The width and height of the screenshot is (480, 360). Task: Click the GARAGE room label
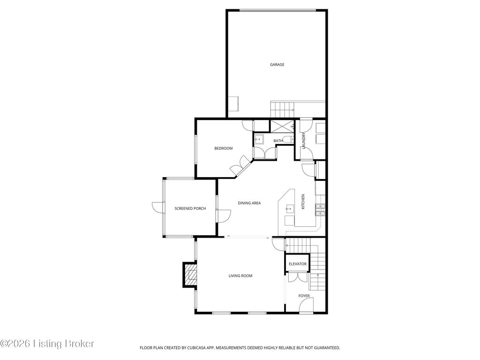(x=277, y=65)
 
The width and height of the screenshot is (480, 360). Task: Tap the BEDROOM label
(x=224, y=149)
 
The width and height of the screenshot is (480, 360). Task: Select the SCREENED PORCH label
(x=190, y=209)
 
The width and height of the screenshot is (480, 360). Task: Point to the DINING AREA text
(x=249, y=203)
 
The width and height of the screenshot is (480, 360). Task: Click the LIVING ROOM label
(x=240, y=276)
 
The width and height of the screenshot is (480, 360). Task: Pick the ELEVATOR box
(x=298, y=264)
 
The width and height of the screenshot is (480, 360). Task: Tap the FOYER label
(x=304, y=296)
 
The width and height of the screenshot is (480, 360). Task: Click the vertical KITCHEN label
(x=303, y=202)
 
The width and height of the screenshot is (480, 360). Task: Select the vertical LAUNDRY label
(x=304, y=141)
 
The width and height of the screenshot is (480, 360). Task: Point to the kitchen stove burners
(x=320, y=210)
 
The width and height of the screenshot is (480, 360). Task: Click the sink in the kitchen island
(x=289, y=209)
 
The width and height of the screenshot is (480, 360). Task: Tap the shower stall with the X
(x=282, y=126)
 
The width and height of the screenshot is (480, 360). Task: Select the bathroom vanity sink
(x=259, y=139)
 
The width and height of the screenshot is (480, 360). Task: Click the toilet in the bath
(x=288, y=140)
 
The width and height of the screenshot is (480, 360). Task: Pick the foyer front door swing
(x=306, y=306)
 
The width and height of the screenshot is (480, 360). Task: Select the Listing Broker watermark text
(x=47, y=344)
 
